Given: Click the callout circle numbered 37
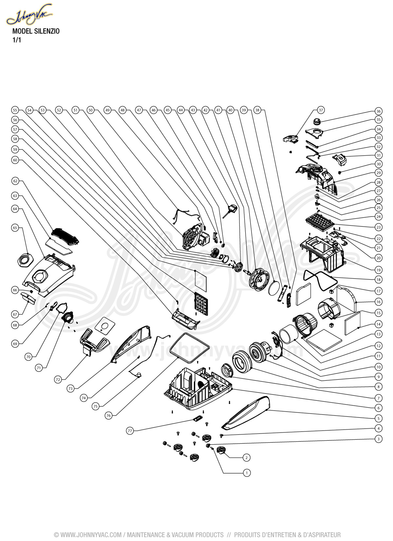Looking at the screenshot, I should pyautogui.click(x=321, y=110).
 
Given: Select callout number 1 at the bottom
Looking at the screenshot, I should pyautogui.click(x=247, y=473).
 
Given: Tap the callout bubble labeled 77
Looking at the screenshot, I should pyautogui.click(x=130, y=431).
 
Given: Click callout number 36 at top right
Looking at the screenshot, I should pyautogui.click(x=379, y=111).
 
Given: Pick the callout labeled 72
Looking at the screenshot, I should pyautogui.click(x=58, y=379).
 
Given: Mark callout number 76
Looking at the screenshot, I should pyautogui.click(x=109, y=415).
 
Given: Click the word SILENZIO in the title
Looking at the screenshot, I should pyautogui.click(x=47, y=32).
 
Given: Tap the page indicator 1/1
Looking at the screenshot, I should pyautogui.click(x=16, y=40).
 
